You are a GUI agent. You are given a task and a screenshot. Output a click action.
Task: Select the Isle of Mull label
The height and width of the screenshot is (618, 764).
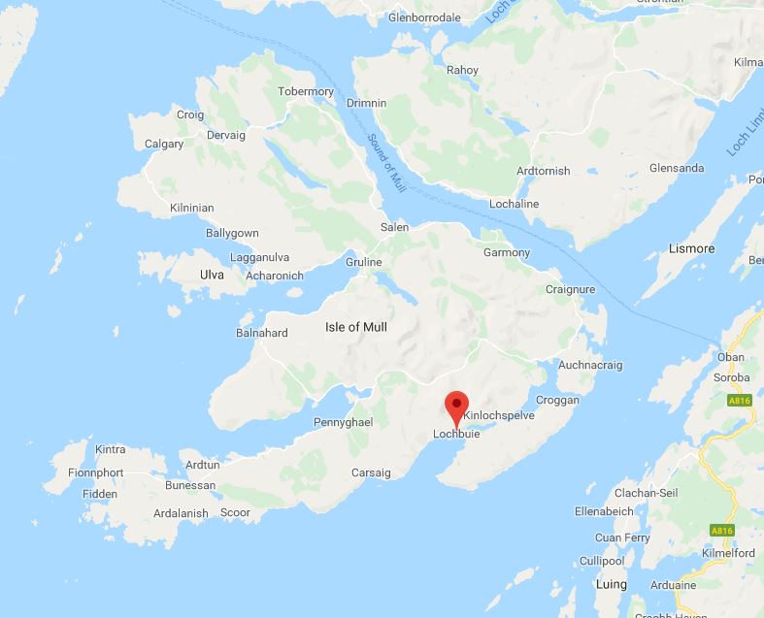coord(355,327)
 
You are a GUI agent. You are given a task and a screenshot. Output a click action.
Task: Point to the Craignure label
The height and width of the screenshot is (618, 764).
coord(569,289)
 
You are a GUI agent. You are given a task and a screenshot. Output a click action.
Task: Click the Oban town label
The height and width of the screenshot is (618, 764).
coord(730,357)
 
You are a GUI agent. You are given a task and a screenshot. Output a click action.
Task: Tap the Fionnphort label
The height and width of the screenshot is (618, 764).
coord(95,472)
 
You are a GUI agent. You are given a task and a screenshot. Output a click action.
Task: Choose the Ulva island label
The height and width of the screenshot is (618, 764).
coord(212,275)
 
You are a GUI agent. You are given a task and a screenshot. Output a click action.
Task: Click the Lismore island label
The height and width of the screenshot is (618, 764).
coord(691,248)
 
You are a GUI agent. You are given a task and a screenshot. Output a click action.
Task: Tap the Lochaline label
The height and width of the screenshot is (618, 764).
coord(515,204)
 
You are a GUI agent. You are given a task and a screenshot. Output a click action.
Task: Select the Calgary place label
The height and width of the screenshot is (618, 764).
coord(164,144)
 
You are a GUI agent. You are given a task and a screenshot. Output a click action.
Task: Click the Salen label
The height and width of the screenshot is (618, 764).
coord(394,226)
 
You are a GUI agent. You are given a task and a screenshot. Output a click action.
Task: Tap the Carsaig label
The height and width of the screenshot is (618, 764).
coord(370,472)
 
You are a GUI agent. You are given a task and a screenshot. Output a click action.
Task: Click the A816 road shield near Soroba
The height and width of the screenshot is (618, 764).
coord(740,399)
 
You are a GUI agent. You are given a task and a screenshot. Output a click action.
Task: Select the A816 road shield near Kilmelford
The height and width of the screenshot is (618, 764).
coord(721,531)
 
